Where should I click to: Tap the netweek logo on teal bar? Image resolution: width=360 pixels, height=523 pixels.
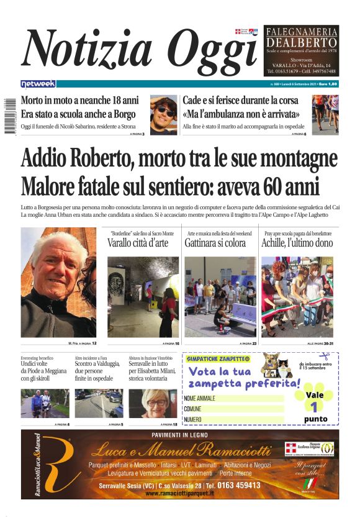[x=38, y=84]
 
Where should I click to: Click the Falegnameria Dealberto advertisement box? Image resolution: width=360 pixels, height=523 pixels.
[x=302, y=50]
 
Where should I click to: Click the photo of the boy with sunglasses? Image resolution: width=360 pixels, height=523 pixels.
[x=163, y=115]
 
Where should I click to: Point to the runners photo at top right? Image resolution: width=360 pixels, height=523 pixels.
[x=325, y=114]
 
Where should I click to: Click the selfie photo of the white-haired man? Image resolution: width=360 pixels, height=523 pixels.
[x=58, y=283]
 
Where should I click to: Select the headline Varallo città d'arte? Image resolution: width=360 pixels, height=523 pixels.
[x=138, y=243]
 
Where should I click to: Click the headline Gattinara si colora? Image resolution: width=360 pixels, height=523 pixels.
[x=215, y=243]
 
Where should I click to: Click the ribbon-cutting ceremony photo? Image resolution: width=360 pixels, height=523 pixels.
[x=297, y=296]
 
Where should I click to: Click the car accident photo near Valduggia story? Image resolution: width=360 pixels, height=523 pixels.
[x=99, y=402]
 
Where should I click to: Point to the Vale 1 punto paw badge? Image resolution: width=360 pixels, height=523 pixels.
[x=315, y=405]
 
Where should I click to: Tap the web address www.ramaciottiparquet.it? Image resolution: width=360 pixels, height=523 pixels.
[x=180, y=493]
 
